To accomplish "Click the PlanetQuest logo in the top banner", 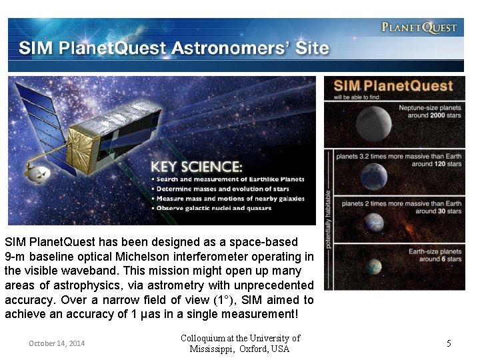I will coord(419,27).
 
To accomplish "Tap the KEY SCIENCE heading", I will coord(195,167).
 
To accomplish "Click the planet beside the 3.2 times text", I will coord(373,177).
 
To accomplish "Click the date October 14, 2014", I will coord(57,343).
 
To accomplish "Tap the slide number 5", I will coord(449,343).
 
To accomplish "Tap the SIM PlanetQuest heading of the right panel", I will coord(393,86).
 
